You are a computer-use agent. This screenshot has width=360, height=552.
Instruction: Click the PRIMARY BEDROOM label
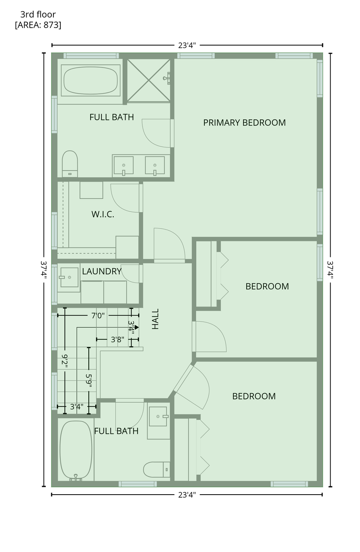(x=244, y=123)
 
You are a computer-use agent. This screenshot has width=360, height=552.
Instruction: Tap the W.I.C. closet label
(x=103, y=214)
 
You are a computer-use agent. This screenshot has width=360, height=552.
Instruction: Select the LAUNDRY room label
(x=101, y=271)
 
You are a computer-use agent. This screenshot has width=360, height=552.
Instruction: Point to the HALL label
(x=155, y=319)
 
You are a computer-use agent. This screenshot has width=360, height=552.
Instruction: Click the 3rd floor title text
(x=38, y=15)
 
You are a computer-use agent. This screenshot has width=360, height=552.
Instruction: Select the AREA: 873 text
(x=38, y=25)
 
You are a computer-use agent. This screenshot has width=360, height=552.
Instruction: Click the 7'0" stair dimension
(x=98, y=316)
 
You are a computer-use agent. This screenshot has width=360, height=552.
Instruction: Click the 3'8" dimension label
(x=117, y=340)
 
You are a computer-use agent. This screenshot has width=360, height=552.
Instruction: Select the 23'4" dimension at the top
(x=187, y=45)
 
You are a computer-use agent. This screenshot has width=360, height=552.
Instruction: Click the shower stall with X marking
(x=149, y=80)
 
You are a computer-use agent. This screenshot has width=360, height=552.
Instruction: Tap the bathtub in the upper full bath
(x=91, y=80)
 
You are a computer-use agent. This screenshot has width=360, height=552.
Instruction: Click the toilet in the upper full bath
(x=70, y=164)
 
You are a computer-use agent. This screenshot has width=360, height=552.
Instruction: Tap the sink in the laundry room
(x=69, y=277)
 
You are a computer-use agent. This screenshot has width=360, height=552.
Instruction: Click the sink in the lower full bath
(x=158, y=416)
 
